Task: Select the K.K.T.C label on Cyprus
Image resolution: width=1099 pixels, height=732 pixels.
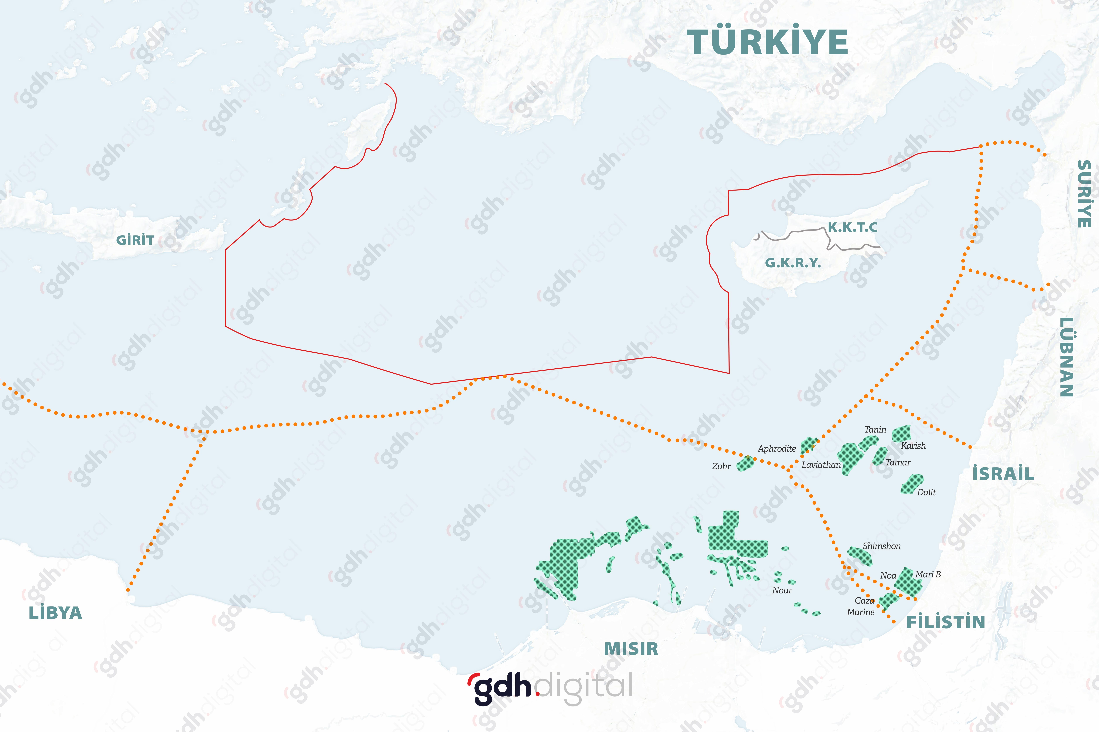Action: pos(853,227)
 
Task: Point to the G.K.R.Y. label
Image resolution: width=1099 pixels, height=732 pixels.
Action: pos(792,263)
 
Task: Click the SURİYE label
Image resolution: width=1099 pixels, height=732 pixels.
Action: pos(1084,194)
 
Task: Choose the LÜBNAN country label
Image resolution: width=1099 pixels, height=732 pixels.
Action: pos(1066,357)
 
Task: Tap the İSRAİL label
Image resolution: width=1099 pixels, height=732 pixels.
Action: pos(1003,474)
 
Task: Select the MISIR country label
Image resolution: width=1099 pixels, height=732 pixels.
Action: pos(631,649)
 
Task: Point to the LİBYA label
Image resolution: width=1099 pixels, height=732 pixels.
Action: pos(56,613)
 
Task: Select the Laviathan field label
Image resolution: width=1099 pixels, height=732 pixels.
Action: pos(821,465)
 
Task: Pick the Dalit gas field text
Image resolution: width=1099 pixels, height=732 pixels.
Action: pos(926,492)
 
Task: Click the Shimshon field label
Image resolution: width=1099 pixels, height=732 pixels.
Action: pos(881,546)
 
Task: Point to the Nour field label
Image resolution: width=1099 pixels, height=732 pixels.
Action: pos(782,590)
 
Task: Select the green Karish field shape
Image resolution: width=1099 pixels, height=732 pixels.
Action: pos(901,434)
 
